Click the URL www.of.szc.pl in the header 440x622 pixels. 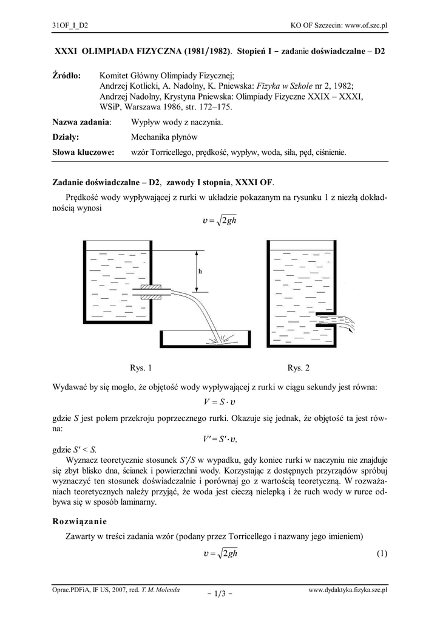click(366, 25)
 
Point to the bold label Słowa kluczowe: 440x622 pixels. click(84, 152)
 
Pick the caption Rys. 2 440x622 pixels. click(299, 367)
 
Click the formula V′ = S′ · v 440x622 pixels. click(220, 440)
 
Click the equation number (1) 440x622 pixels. click(381, 553)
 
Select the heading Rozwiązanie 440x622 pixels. click(80, 521)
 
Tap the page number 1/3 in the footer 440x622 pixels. click(220, 593)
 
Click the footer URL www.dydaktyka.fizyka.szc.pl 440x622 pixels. click(348, 590)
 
